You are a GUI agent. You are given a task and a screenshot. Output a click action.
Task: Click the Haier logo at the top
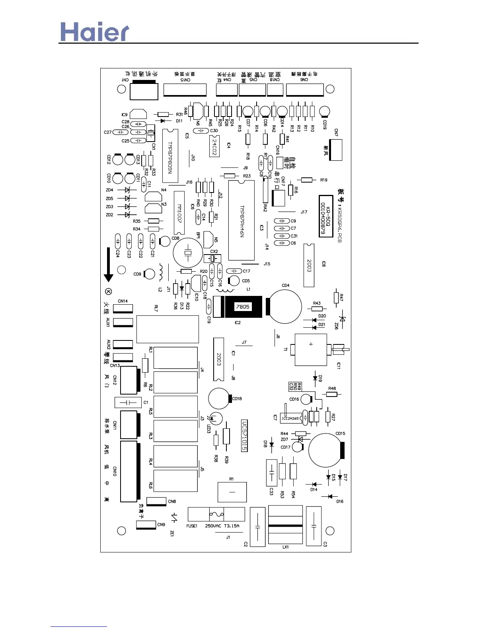click(x=95, y=32)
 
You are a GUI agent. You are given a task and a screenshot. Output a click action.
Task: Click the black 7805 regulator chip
click(x=243, y=307)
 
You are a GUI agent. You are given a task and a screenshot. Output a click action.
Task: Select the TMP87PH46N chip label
click(x=242, y=221)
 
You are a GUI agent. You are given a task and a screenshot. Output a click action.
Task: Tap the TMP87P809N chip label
click(x=170, y=157)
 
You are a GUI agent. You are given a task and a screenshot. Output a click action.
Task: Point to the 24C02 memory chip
click(x=214, y=146)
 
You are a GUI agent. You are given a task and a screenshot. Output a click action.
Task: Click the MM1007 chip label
click(x=179, y=214)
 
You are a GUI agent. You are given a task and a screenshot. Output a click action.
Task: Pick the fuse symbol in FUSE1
click(x=216, y=514)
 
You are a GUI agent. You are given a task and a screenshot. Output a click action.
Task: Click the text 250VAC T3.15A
click(x=222, y=526)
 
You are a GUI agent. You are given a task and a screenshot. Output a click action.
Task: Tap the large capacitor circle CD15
click(x=326, y=450)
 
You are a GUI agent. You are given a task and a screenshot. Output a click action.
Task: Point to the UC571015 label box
click(x=244, y=436)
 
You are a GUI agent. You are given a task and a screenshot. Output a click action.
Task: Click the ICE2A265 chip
click(x=290, y=418)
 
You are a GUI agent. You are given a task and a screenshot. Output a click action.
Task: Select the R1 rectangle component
click(x=232, y=492)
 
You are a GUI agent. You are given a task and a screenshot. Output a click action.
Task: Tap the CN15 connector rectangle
click(x=185, y=90)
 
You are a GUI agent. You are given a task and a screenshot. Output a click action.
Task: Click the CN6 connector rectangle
click(x=305, y=90)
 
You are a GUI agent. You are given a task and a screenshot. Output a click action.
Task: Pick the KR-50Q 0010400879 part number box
click(x=326, y=216)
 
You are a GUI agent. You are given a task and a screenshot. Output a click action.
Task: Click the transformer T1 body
click(x=311, y=350)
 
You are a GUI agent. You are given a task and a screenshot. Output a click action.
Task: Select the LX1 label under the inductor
click(x=285, y=547)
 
